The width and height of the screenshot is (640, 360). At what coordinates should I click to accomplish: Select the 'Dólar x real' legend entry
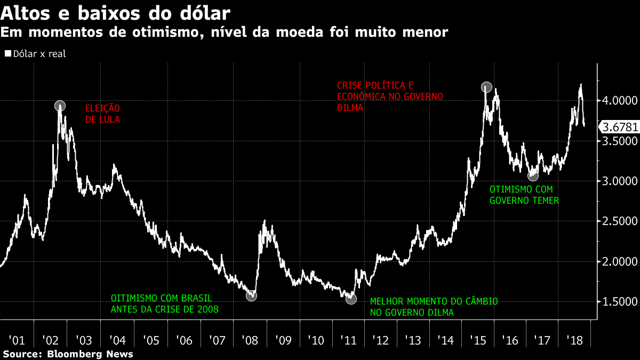[35, 54]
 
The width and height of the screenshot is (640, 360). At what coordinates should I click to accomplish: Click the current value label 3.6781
[619, 127]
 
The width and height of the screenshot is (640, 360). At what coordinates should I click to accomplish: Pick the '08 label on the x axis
[250, 340]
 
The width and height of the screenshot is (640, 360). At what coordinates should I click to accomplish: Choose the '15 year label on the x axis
[477, 340]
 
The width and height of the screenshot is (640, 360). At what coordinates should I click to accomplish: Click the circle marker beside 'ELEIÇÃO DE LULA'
[60, 106]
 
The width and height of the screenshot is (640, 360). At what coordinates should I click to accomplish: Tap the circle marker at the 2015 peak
[486, 86]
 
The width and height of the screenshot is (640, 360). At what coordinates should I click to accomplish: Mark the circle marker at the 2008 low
[251, 295]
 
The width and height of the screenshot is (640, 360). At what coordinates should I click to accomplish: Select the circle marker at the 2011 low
[351, 299]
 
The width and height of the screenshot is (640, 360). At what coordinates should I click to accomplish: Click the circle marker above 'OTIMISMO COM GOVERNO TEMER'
[533, 175]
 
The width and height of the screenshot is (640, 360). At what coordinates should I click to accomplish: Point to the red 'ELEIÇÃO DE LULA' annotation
[103, 114]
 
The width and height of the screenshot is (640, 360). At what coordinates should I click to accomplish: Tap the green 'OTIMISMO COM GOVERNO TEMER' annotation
[524, 195]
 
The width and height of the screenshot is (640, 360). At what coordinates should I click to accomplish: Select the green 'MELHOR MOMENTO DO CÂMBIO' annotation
[434, 301]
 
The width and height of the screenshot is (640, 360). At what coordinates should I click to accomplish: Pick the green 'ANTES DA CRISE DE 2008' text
[164, 309]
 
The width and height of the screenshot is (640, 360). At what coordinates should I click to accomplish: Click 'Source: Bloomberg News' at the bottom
[68, 354]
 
